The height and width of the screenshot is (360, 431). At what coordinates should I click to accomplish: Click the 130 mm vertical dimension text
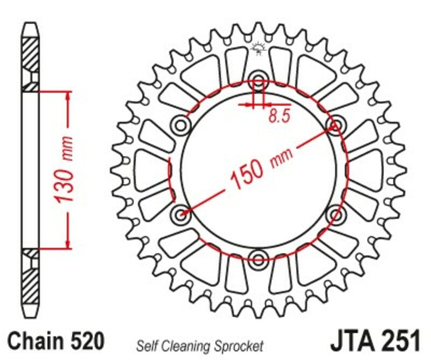click(65, 170)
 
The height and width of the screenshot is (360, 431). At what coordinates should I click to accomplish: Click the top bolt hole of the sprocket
click(259, 82)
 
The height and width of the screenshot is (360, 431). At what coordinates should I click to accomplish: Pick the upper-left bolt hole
click(181, 126)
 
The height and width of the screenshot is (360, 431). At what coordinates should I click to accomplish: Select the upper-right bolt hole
click(335, 125)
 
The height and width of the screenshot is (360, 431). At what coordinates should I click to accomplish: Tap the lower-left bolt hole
click(181, 213)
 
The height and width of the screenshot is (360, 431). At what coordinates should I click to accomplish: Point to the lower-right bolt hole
click(336, 213)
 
